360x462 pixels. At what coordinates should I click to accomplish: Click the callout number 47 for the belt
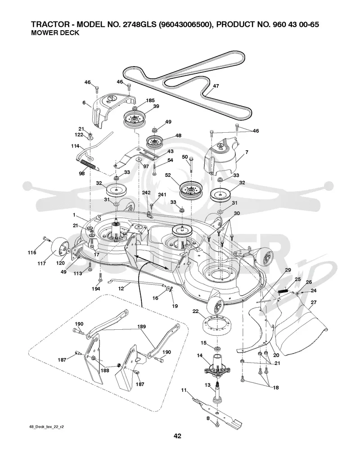[216, 86]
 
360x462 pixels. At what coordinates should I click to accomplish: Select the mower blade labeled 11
[217, 412]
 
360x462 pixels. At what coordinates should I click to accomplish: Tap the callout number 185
[150, 100]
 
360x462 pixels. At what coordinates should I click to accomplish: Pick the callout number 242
[146, 193]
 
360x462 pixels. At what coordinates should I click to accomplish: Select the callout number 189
[141, 327]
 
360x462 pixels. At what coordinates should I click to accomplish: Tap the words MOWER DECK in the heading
[55, 33]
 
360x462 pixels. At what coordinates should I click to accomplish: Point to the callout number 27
[313, 302]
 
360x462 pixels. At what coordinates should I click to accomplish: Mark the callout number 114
[75, 146]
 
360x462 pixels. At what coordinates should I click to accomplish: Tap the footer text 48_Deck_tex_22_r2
[47, 426]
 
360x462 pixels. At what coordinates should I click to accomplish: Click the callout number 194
[95, 289]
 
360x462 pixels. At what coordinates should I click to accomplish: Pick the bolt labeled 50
[191, 164]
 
